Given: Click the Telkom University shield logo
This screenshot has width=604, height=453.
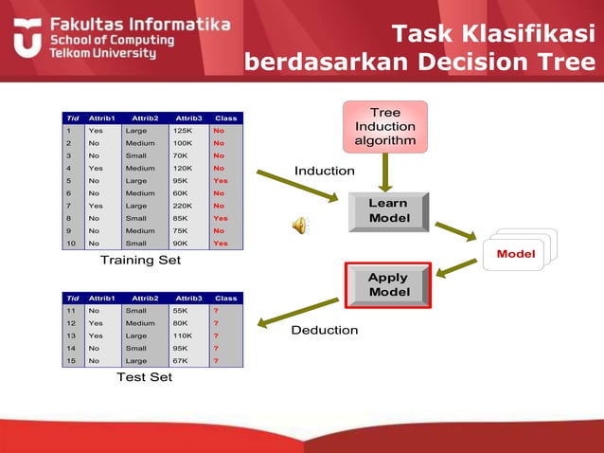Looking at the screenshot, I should point(27,37).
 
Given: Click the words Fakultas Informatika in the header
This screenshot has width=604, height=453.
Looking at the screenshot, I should point(139,22).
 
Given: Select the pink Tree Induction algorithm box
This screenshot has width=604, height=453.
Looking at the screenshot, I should point(385,127).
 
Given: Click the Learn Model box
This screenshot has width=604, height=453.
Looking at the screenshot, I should point(388,211).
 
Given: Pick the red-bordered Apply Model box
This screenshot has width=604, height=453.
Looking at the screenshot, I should point(388,284).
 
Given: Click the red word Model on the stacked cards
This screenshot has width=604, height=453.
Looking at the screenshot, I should point(516,253).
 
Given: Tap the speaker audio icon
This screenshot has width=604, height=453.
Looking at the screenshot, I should point(299,225).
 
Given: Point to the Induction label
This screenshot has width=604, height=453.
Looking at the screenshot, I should point(324,171).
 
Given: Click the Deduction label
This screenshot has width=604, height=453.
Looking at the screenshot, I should point(324,330).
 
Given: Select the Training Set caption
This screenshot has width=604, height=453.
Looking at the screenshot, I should point(140,259).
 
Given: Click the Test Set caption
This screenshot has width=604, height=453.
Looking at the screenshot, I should point(144,376).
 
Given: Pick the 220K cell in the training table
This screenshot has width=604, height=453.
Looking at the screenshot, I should point(186,205).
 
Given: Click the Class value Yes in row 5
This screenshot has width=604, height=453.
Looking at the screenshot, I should point(221,180).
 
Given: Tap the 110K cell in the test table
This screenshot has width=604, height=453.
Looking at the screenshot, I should point(186,335).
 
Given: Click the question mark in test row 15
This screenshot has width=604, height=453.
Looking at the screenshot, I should point(216,360).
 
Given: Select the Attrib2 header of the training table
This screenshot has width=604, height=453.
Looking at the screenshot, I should point(145,118).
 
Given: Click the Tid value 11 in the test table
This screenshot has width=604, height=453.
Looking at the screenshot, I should point(70,310).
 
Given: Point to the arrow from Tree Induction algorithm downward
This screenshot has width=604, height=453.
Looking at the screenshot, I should point(385,172).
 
